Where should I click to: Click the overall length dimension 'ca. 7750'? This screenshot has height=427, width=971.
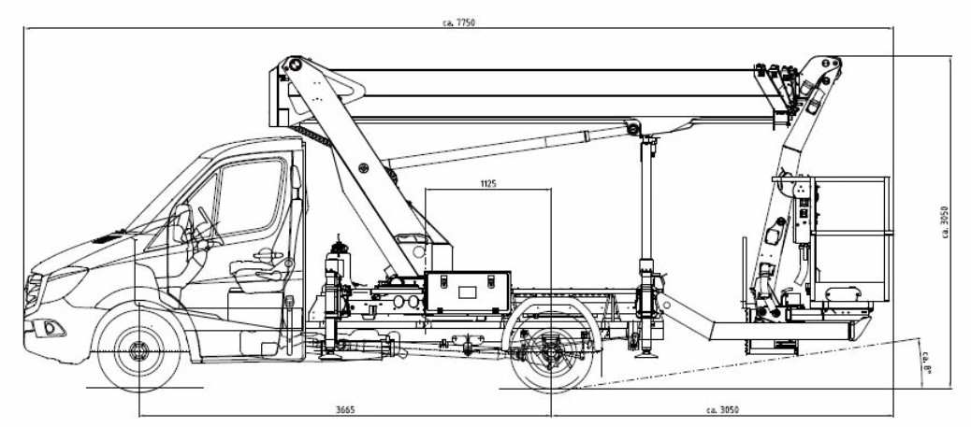[459, 23]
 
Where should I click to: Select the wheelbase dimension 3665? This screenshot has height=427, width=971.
[345, 409]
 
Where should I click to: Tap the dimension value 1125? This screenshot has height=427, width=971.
[488, 183]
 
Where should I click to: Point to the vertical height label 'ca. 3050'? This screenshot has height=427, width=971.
[945, 221]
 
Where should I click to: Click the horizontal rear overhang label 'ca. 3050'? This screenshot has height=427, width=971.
[722, 409]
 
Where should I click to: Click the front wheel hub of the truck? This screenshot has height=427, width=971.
[138, 351]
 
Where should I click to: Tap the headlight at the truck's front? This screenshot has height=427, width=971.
[34, 290]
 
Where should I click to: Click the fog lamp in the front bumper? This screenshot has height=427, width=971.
[50, 328]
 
